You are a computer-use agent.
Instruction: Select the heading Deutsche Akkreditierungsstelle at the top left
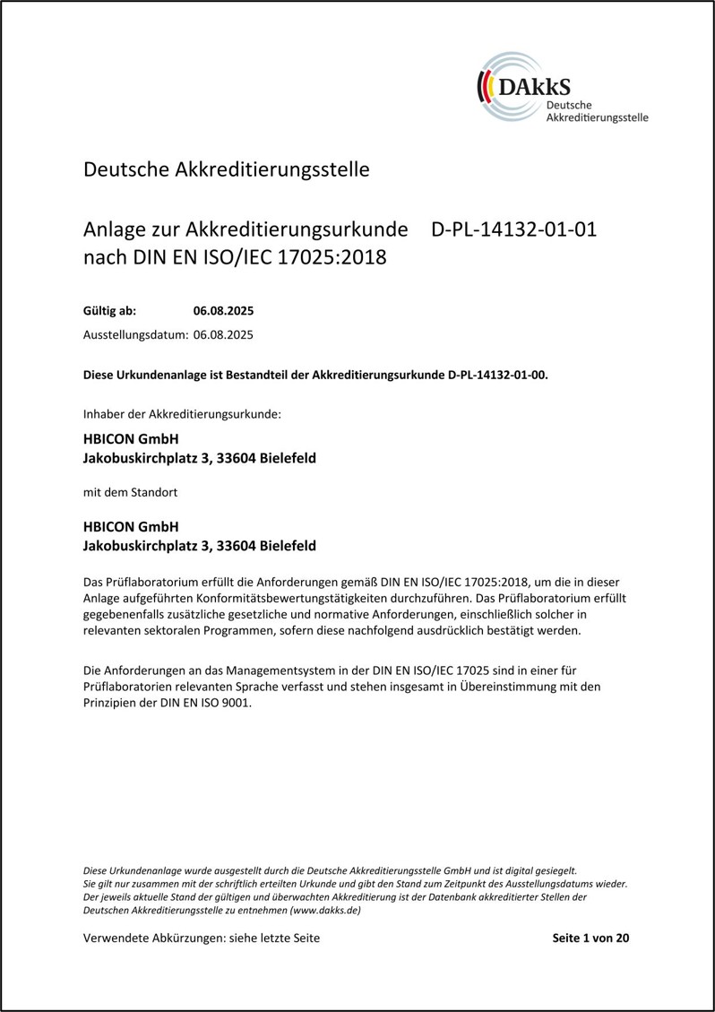(226, 169)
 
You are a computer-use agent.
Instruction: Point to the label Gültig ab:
(109, 312)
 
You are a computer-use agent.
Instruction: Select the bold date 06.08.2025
(224, 312)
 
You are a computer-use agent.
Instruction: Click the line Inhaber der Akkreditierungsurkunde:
(182, 414)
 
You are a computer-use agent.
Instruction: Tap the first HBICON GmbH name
(131, 439)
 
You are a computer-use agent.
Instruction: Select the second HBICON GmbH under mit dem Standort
(131, 526)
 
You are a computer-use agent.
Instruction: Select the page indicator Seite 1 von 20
(592, 938)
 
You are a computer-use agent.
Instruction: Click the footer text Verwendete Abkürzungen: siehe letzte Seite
(201, 938)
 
